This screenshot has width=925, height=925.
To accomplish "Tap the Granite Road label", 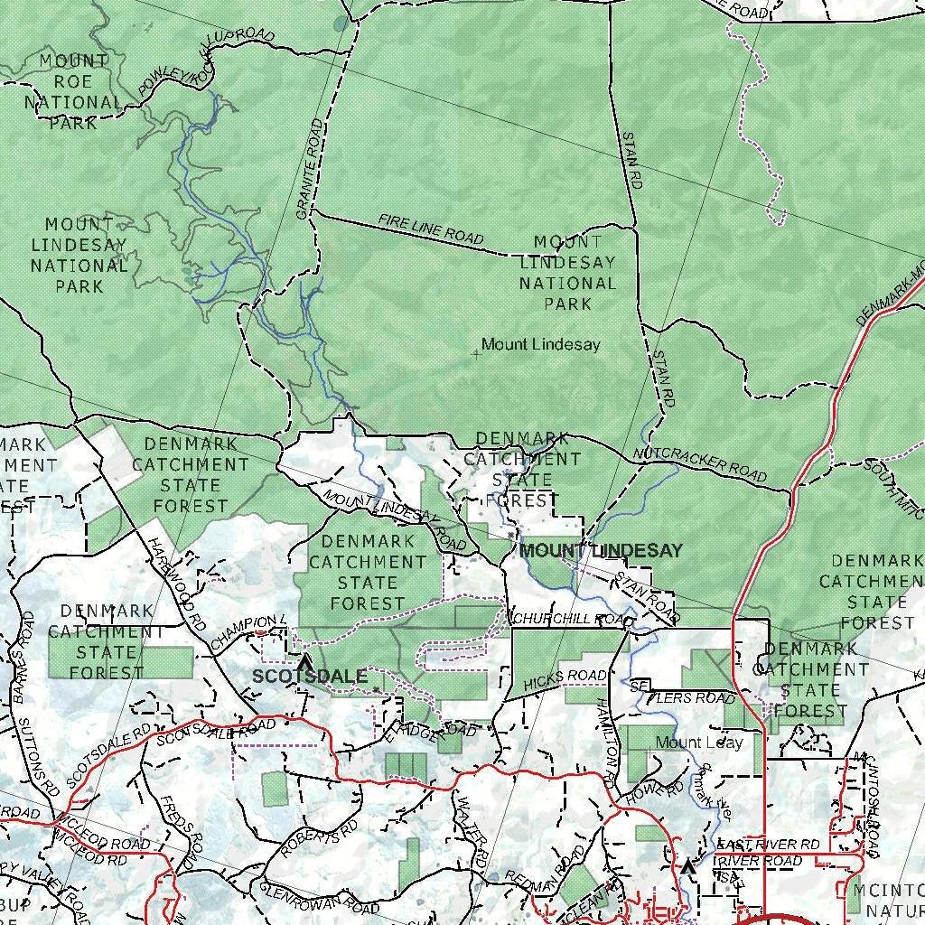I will (x=310, y=169).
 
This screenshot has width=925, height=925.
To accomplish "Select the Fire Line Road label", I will (x=431, y=229).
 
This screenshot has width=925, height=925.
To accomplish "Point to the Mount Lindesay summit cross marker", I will (x=476, y=354).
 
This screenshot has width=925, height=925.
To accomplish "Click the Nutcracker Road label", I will (x=700, y=464).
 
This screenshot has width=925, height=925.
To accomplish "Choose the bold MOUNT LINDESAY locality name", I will (x=601, y=550).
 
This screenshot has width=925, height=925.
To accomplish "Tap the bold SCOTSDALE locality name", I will (x=310, y=677).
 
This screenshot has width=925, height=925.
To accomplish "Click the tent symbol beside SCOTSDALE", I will (x=303, y=663).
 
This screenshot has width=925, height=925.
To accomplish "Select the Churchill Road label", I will (x=570, y=620).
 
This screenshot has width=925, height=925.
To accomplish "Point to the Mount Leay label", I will (x=699, y=743).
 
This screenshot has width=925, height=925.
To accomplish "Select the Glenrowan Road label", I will (x=319, y=898).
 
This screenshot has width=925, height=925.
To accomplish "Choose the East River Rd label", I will (x=768, y=845).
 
